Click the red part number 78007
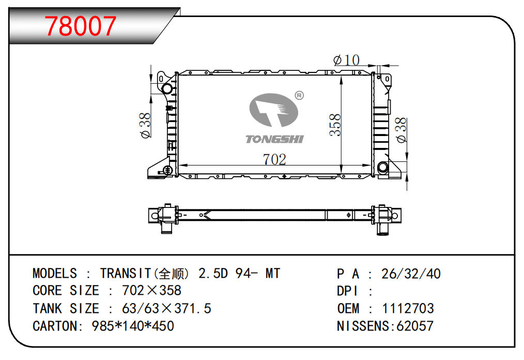pos(81,26)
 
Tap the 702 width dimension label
pos(274,159)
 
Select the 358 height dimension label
pos(335,125)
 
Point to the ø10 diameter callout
pos(347,60)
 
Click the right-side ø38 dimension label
pos(401,130)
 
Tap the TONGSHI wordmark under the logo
pos(274,139)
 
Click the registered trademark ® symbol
pos(299,96)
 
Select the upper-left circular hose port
pos(168,89)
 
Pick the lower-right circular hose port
pos(383,168)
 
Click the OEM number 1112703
pos(408,309)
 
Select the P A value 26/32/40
pos(410,274)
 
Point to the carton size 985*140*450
pos(132,326)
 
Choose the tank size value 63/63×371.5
pos(166,309)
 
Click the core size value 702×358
pos(151,291)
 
